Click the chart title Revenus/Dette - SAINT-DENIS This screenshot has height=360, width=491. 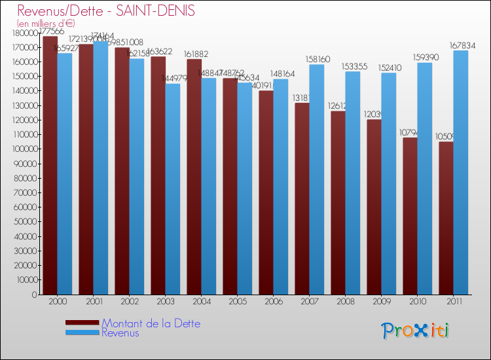click(x=106, y=11)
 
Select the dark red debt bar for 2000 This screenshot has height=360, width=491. click(x=50, y=164)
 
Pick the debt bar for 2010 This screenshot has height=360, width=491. click(x=410, y=216)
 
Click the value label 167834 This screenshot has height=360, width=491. click(x=462, y=46)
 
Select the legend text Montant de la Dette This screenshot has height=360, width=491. click(x=151, y=323)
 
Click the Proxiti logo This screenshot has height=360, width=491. click(x=416, y=331)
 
